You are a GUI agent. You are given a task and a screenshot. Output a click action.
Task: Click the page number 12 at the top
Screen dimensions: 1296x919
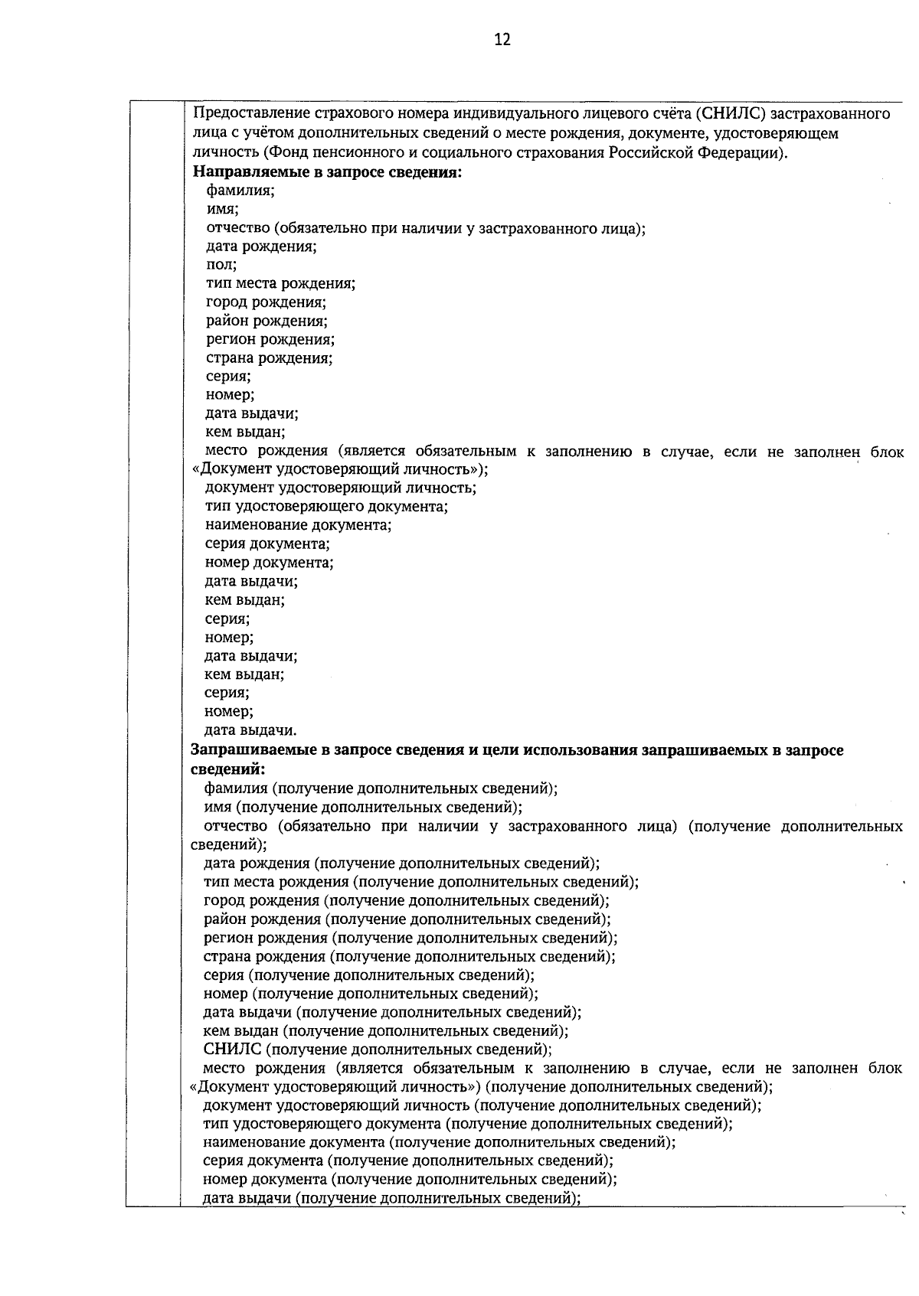(x=502, y=40)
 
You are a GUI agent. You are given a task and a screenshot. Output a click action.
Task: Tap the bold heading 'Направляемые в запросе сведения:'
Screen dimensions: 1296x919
(x=327, y=171)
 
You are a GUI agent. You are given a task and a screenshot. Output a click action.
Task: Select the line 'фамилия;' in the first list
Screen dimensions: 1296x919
(x=240, y=191)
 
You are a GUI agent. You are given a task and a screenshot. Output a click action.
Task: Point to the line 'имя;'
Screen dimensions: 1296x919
(x=223, y=209)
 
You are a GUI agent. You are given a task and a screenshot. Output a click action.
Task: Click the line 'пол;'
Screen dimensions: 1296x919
(x=221, y=265)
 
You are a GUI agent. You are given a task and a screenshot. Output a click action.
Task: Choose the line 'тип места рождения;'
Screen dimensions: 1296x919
(x=280, y=284)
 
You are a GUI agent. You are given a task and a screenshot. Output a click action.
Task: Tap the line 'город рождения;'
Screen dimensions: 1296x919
(x=267, y=302)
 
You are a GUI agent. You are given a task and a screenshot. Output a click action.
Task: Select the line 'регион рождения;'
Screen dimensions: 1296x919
(x=270, y=339)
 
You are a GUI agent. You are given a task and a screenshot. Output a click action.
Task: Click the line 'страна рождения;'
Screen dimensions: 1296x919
(x=270, y=358)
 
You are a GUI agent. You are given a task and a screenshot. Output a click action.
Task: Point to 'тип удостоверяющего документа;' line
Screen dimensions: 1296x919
(x=327, y=507)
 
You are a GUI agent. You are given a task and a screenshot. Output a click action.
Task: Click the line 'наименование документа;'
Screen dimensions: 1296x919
(x=299, y=526)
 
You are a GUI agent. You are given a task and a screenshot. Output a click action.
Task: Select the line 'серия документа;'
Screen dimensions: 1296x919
(x=268, y=544)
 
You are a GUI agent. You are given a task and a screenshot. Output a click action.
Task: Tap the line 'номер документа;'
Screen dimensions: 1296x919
(x=270, y=563)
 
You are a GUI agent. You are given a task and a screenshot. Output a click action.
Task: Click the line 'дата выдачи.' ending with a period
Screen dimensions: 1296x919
(x=250, y=730)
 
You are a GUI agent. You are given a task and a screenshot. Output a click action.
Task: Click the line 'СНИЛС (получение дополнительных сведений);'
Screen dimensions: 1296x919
(x=378, y=1050)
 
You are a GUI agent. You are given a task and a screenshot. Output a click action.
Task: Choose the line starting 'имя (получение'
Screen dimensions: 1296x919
(x=363, y=808)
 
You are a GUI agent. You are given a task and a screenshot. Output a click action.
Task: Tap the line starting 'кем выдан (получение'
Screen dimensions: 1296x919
(x=386, y=1031)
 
